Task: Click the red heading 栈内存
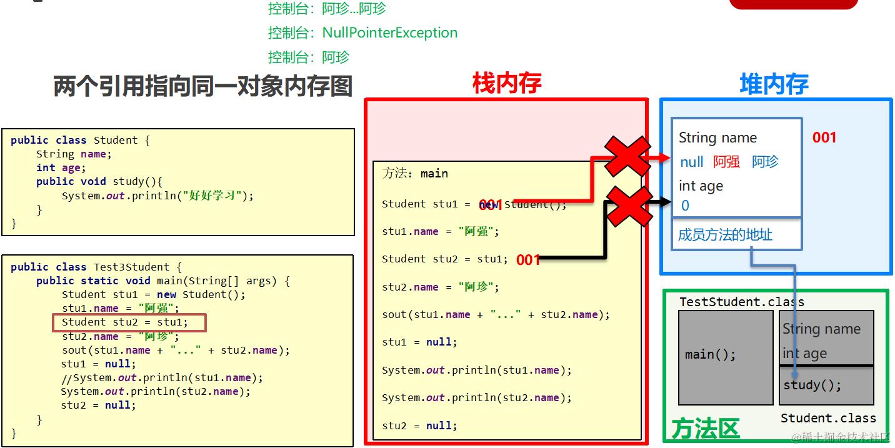click(506, 83)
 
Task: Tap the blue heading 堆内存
click(774, 84)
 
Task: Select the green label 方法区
click(705, 429)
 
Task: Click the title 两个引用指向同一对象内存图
click(202, 87)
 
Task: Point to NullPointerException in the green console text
click(389, 32)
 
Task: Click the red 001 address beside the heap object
click(824, 137)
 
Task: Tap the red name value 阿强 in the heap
click(726, 162)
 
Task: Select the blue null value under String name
click(692, 162)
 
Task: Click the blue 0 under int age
click(685, 206)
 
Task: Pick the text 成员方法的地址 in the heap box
click(725, 235)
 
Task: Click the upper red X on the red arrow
click(627, 156)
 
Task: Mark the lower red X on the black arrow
click(629, 206)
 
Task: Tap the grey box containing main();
click(725, 357)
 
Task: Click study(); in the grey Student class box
click(812, 385)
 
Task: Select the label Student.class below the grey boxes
click(828, 418)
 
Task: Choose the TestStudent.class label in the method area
click(742, 302)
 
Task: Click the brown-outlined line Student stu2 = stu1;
click(129, 322)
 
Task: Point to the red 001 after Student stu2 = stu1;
click(528, 259)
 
